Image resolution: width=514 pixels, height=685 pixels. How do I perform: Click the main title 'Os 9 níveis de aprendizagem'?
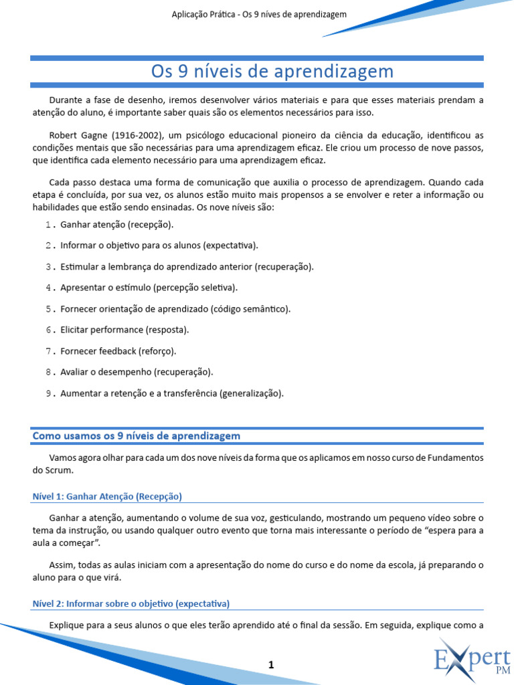pyautogui.click(x=271, y=72)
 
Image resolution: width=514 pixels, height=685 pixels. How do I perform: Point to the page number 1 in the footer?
pyautogui.click(x=271, y=664)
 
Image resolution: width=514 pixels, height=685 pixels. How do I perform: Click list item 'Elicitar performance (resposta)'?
pyautogui.click(x=124, y=330)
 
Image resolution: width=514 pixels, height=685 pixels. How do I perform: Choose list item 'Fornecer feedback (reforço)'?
pyautogui.click(x=118, y=351)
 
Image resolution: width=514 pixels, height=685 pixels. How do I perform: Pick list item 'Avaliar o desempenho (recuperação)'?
pyautogui.click(x=137, y=372)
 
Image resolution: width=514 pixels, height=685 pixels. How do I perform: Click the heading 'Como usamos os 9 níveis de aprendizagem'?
pyautogui.click(x=137, y=436)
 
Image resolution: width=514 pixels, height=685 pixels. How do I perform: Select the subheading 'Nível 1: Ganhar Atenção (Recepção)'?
pyautogui.click(x=107, y=496)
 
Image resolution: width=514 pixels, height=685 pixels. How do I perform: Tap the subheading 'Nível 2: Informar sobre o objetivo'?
pyautogui.click(x=131, y=603)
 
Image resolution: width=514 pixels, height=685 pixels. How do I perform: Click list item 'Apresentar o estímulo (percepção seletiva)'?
pyautogui.click(x=149, y=288)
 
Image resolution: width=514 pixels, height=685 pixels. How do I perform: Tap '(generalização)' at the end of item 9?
pyautogui.click(x=251, y=393)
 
